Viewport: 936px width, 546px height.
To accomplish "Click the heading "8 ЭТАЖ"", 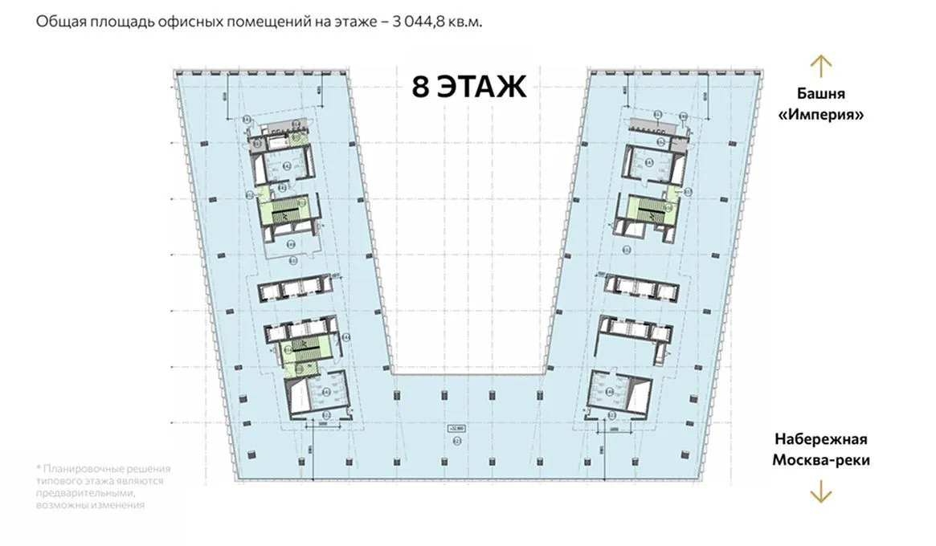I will click(x=469, y=87).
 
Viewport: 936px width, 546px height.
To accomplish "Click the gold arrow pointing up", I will click(x=820, y=66).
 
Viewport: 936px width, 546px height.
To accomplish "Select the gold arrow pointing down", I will click(x=820, y=491).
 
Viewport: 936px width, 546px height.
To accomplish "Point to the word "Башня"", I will click(x=821, y=94).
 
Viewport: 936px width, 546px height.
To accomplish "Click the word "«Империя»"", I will click(x=821, y=115).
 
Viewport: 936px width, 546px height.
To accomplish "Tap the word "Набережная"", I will click(x=821, y=439).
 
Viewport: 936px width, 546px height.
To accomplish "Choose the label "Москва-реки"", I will click(x=821, y=460).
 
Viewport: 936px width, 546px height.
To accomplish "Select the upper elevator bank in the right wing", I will click(x=640, y=286).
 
